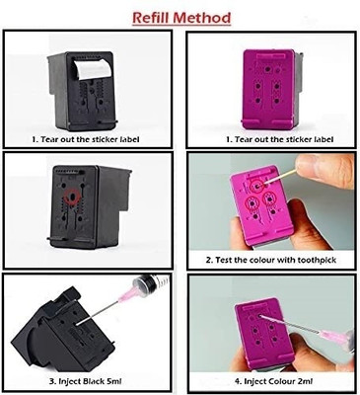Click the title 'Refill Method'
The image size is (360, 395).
click(x=181, y=18)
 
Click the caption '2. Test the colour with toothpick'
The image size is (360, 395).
click(x=271, y=260)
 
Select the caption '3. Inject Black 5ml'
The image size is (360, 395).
click(x=85, y=381)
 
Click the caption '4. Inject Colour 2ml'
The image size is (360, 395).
click(x=273, y=381)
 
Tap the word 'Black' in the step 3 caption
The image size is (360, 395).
click(x=94, y=381)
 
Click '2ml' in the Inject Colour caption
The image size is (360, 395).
click(x=305, y=381)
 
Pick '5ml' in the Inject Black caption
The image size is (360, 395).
click(x=114, y=381)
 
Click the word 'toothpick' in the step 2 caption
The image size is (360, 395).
click(x=317, y=260)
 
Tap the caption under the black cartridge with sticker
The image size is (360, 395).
click(x=86, y=139)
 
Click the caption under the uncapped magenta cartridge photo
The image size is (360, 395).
click(x=279, y=139)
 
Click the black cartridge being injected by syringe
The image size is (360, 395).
click(x=62, y=325)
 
